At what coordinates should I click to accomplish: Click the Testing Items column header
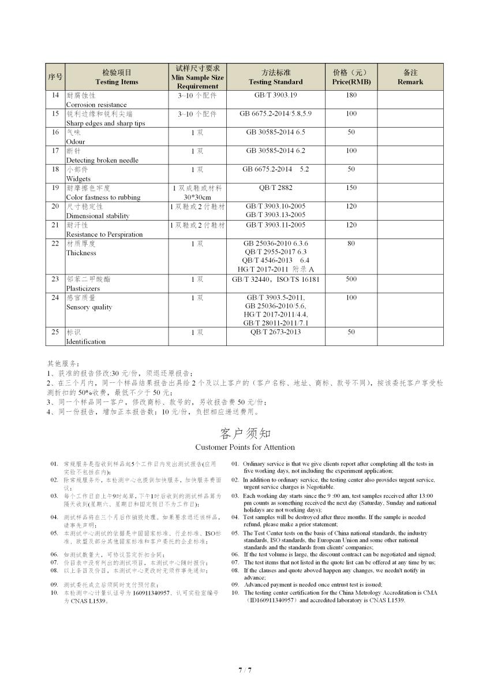tap(117, 77)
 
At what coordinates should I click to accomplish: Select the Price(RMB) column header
tap(351, 77)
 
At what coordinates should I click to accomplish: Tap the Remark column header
tap(410, 77)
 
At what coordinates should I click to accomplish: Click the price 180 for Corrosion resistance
tap(351, 95)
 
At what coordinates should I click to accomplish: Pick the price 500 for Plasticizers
tap(351, 280)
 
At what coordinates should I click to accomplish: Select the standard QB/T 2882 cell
tap(275, 188)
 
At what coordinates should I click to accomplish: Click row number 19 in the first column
tap(55, 188)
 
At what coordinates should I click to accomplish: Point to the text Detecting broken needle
tap(102, 161)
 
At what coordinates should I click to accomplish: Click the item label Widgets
tap(78, 179)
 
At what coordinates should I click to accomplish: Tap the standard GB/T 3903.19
tap(275, 95)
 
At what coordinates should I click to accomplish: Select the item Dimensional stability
tap(98, 216)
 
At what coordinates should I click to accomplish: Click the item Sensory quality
tap(89, 307)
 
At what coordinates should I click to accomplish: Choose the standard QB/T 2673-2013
tap(275, 332)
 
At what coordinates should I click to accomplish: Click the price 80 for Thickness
tap(351, 244)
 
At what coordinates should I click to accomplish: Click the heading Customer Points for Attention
tap(245, 448)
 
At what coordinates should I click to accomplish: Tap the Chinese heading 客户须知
tap(245, 433)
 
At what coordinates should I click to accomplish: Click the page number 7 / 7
tap(245, 670)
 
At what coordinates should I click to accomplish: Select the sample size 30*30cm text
tap(198, 198)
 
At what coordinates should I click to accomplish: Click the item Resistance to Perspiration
tap(104, 234)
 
